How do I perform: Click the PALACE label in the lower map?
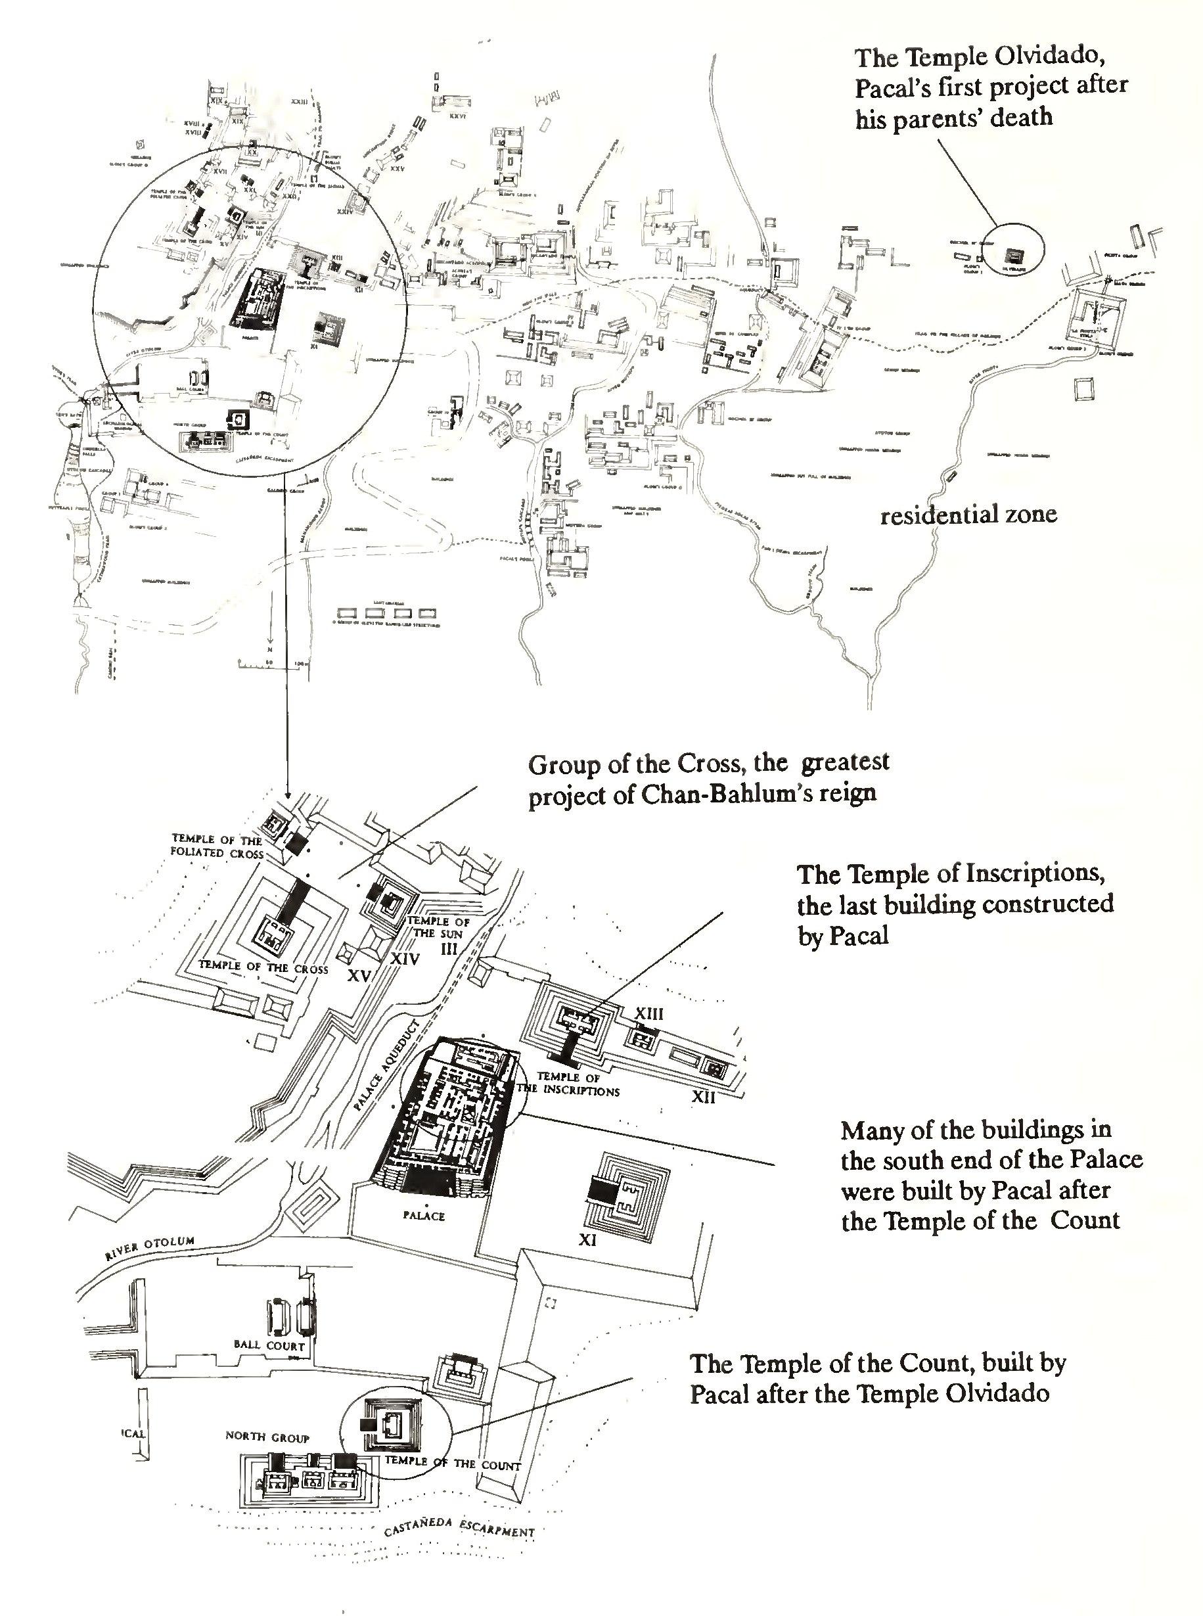(x=423, y=1216)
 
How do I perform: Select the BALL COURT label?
(x=269, y=1345)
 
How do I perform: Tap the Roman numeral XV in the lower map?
(x=359, y=976)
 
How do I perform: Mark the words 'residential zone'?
(x=968, y=515)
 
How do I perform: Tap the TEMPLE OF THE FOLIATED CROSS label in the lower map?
(x=217, y=846)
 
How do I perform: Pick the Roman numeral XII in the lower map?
(x=703, y=1096)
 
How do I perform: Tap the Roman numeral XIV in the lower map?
(x=405, y=959)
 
